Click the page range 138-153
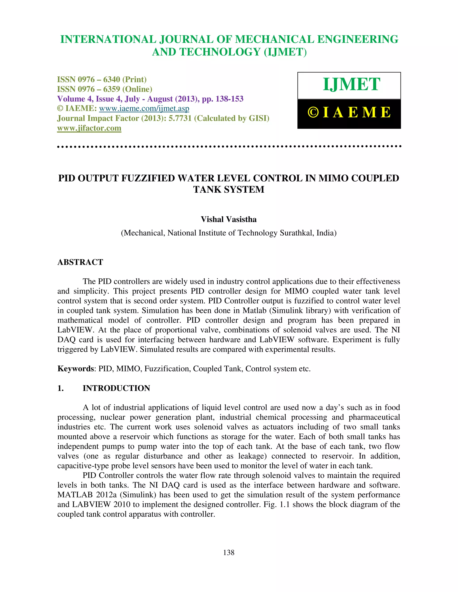point(229,99)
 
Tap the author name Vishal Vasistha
point(229,219)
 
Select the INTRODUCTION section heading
point(116,388)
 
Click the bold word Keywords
point(75,369)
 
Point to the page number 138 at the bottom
point(229,552)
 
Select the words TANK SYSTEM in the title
point(229,189)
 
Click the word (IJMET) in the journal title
point(285,52)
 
